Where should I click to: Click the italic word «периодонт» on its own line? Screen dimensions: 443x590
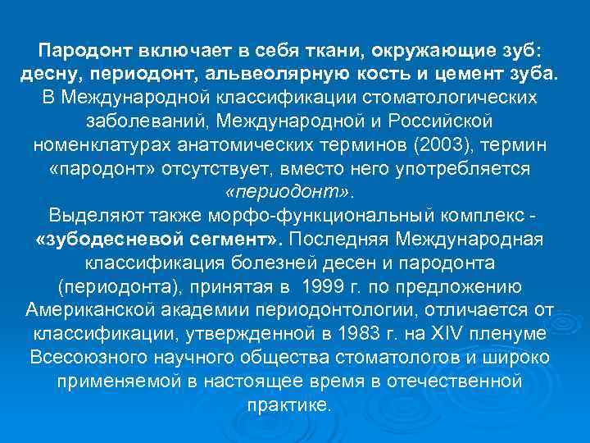pos(291,193)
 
